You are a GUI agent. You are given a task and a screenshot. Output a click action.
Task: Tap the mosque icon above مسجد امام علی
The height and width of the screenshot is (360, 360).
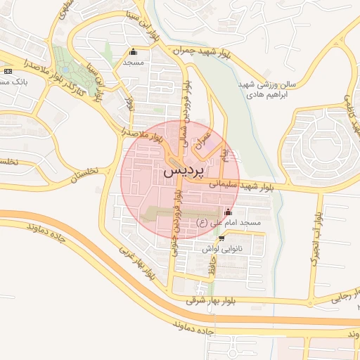[227, 212]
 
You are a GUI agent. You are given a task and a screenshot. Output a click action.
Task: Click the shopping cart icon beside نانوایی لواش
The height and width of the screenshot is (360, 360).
[221, 239]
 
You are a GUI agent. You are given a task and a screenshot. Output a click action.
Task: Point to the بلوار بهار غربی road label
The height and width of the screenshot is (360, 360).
[136, 264]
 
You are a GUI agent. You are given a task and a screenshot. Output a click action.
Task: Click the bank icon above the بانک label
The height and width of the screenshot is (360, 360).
[8, 71]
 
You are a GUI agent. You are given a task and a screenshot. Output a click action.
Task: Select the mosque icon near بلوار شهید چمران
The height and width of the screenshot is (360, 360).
[134, 51]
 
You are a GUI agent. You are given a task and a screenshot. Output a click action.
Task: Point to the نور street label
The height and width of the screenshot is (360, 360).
[129, 103]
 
